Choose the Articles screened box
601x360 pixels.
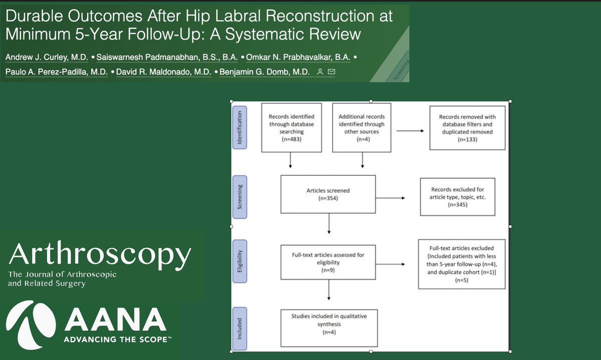pos(328,194)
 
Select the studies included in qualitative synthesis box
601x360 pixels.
pos(329,324)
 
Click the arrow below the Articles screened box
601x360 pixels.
pos(329,224)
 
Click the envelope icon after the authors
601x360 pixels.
pos(331,73)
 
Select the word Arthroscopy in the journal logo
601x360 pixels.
pos(99,256)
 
